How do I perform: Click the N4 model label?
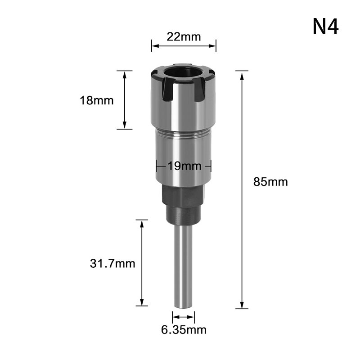(325, 27)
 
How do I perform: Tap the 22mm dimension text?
(184, 37)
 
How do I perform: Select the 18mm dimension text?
(97, 100)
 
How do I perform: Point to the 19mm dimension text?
(184, 166)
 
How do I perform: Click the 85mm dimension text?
(270, 182)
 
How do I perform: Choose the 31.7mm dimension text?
(112, 263)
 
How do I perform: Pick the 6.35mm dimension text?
(184, 330)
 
